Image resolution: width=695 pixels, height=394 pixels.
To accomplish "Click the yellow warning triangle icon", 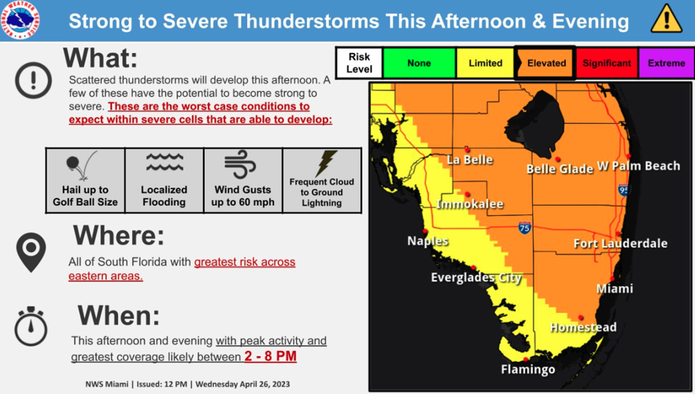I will (x=667, y=19).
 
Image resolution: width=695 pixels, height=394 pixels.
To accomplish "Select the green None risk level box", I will (x=419, y=63).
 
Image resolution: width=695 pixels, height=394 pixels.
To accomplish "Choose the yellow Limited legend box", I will (x=485, y=63).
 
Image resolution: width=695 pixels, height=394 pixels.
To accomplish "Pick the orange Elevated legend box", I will (x=546, y=63).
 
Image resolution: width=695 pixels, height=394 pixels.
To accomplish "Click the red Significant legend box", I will (x=606, y=63).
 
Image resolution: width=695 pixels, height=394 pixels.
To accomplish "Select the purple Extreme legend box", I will (x=666, y=63).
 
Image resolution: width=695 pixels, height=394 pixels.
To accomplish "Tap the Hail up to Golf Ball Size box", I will (x=85, y=180).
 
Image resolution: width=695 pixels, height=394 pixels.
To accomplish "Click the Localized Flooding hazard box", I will (x=164, y=180).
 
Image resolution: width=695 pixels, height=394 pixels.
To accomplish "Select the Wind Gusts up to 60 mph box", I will (x=242, y=180).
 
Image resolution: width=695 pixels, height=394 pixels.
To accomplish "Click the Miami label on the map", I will (x=614, y=288).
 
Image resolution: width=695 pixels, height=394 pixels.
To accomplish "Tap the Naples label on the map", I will (x=427, y=241).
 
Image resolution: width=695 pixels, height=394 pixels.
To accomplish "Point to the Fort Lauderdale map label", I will (x=620, y=243).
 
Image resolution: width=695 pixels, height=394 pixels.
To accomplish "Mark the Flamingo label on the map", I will (x=528, y=370).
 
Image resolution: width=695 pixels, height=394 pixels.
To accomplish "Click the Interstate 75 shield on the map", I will (x=524, y=228).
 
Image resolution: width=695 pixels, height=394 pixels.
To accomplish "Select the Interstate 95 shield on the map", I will (x=623, y=190).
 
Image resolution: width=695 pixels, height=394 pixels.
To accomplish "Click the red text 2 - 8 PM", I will (x=270, y=357).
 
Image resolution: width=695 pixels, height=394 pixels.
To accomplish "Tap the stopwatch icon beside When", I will (x=31, y=327).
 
